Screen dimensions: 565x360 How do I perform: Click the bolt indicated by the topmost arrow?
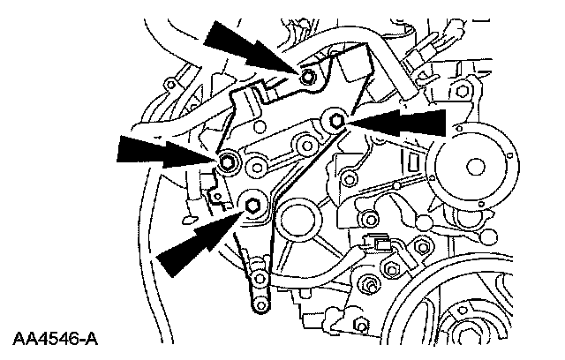click(x=306, y=78)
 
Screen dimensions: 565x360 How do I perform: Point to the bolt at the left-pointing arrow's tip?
click(x=336, y=120)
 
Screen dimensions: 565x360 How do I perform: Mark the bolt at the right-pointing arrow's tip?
click(x=229, y=161)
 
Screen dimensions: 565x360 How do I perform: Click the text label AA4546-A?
click(x=56, y=338)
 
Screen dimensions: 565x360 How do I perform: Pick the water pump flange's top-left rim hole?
click(x=439, y=136)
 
